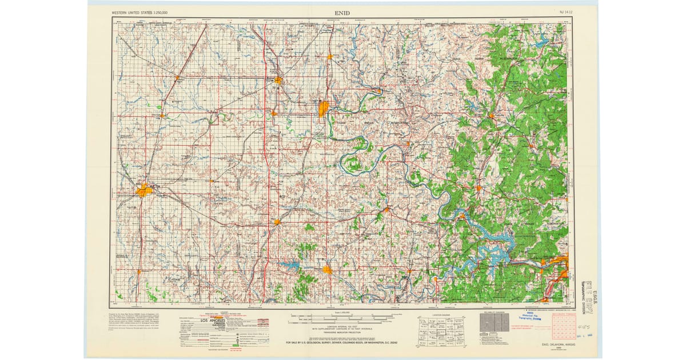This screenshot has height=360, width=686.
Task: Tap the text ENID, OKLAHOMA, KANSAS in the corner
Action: click(557, 345)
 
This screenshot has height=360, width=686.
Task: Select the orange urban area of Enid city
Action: click(143, 190)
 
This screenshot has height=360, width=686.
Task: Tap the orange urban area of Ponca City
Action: click(323, 107)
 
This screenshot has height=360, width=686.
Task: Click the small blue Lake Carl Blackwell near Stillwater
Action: click(289, 265)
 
